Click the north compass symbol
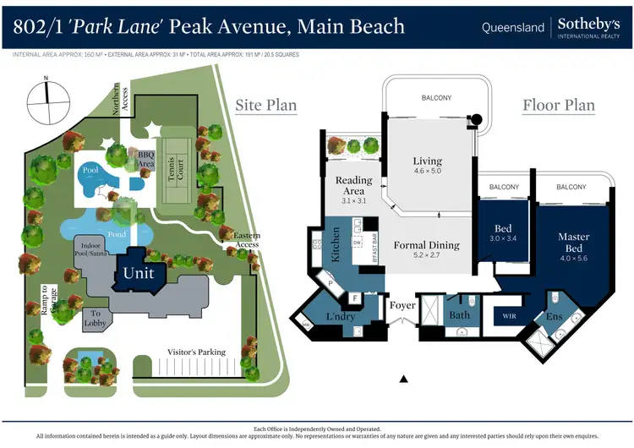tap(46, 99)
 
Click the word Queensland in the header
tap(512, 27)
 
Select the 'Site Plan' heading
tap(266, 105)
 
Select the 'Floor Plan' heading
tap(559, 106)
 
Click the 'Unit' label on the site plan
tap(139, 273)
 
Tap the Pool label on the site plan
tap(91, 170)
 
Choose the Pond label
tap(118, 233)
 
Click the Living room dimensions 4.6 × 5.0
tap(428, 172)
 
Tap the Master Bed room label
tap(574, 243)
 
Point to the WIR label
tap(510, 317)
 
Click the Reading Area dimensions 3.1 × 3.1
tap(353, 201)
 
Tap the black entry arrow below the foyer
tap(404, 379)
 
